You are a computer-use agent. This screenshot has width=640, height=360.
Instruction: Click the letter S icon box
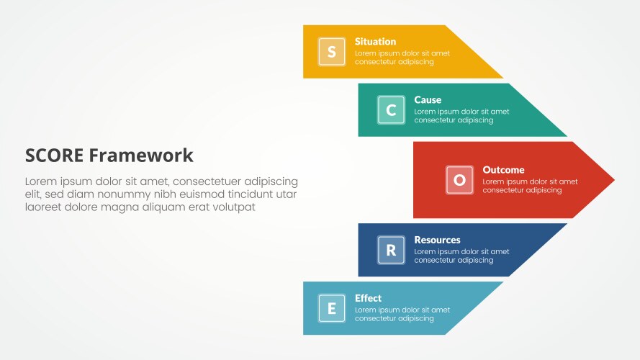click(331, 52)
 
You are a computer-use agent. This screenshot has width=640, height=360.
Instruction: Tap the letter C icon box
click(391, 110)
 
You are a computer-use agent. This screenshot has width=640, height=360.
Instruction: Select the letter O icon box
click(459, 180)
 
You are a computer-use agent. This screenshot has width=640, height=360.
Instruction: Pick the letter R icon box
click(391, 250)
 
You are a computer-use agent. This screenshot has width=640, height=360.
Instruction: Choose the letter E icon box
click(331, 308)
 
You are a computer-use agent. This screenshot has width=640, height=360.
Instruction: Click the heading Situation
click(375, 42)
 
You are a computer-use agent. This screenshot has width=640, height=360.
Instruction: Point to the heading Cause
click(428, 100)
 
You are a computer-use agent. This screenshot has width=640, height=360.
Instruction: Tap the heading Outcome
click(503, 170)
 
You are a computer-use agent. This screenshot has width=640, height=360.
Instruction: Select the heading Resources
click(437, 240)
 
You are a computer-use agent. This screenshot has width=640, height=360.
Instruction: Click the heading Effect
click(368, 298)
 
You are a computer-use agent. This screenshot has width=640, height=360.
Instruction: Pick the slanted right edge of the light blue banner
click(475, 308)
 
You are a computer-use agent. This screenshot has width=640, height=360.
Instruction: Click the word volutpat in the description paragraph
click(233, 207)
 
